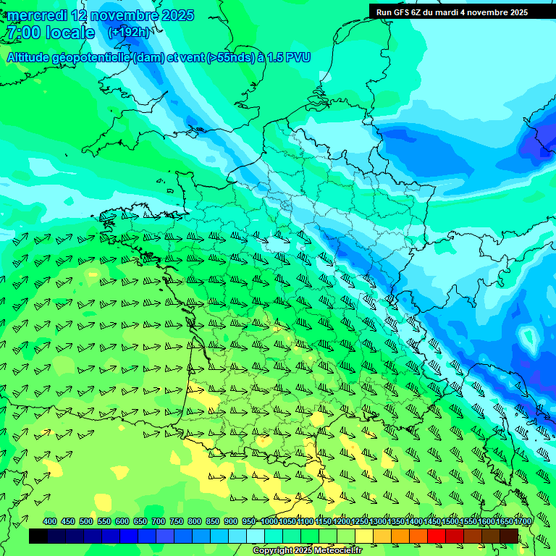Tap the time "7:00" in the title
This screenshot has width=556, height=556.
coord(22,33)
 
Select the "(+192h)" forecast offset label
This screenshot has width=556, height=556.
coord(129,32)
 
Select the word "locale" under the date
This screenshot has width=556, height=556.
coord(69,33)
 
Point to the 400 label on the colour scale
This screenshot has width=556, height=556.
coord(50,521)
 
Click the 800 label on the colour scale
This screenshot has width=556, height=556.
coord(194,521)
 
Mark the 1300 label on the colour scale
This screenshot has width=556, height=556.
coord(378,521)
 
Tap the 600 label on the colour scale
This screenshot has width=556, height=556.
coord(122,521)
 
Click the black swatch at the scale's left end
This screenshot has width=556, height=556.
coord(38,536)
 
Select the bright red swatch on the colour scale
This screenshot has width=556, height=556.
coord(437,536)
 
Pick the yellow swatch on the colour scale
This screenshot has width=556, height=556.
coord(364,536)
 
